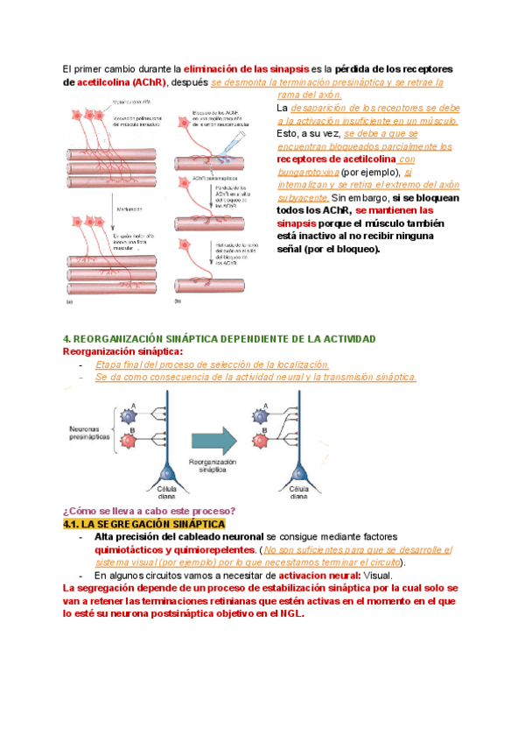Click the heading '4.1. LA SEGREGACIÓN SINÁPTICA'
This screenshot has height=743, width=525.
pos(143,524)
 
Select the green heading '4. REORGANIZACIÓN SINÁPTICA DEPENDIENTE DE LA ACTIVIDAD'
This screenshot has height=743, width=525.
pos(220,339)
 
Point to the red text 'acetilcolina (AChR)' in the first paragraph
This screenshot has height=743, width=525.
pos(121,81)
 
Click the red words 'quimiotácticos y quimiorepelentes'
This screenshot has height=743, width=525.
pos(171,549)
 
